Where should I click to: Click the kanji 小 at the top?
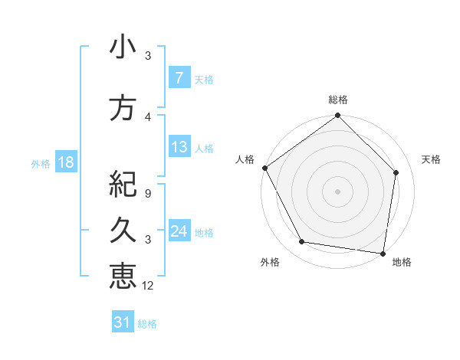click(123, 47)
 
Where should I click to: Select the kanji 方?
click(123, 108)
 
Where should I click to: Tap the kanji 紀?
click(123, 184)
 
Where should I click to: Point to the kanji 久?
click(123, 230)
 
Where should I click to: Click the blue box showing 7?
click(179, 78)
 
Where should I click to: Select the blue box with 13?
click(179, 147)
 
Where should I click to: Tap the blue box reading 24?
click(179, 231)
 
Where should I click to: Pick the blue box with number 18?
click(65, 162)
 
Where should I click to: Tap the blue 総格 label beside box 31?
click(147, 324)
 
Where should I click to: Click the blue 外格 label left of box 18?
click(41, 163)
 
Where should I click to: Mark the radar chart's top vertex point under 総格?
click(337, 116)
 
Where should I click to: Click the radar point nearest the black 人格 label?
click(265, 168)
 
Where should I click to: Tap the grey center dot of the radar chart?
click(337, 191)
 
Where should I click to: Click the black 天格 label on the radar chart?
click(432, 159)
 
